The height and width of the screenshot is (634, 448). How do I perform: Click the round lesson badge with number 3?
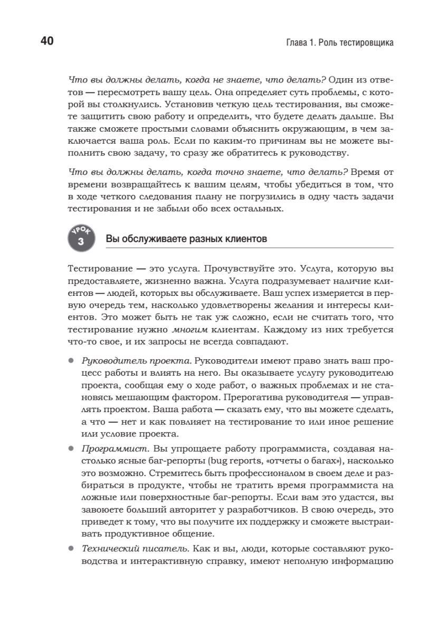[81, 238]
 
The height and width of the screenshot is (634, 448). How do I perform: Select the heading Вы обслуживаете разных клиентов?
[186, 239]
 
